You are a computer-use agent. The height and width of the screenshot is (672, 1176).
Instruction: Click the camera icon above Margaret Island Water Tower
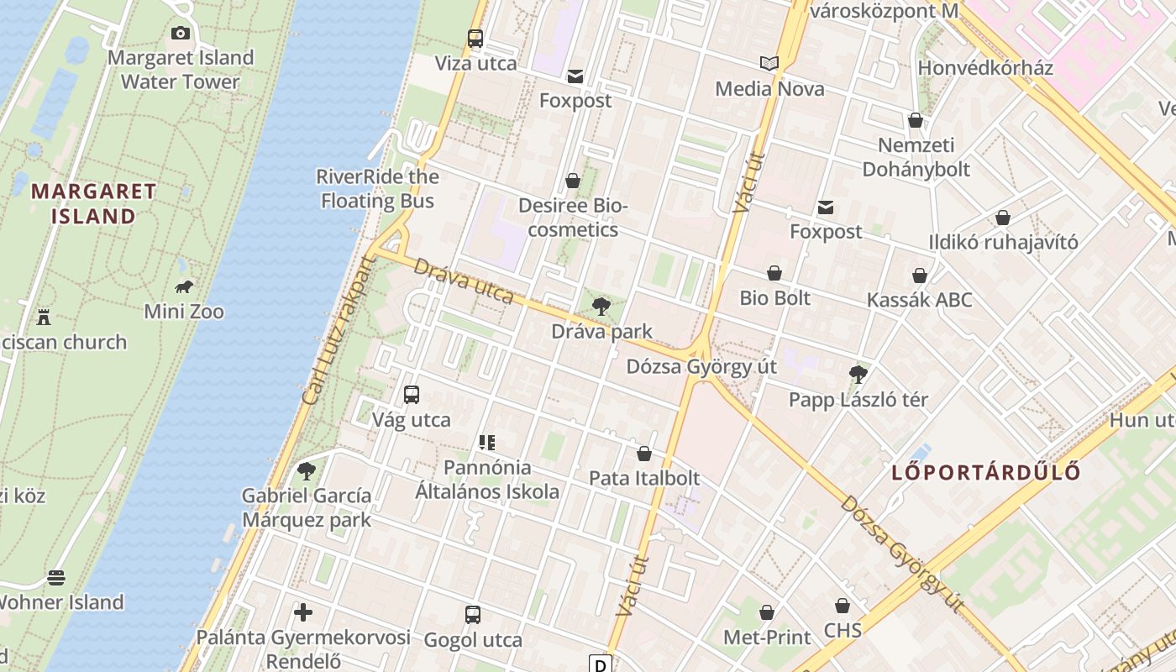click(180, 34)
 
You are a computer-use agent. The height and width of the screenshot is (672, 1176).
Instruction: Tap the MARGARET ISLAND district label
click(93, 203)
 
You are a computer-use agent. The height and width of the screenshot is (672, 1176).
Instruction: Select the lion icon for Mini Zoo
click(184, 287)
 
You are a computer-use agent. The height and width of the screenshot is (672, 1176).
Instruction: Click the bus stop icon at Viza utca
click(475, 38)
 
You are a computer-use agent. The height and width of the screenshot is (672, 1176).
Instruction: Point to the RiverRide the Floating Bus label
click(377, 189)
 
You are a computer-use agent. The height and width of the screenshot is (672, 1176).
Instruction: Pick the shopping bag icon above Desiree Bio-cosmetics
click(573, 181)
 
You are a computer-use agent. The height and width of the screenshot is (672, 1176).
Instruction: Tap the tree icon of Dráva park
click(601, 307)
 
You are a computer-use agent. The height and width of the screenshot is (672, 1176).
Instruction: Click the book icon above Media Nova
click(769, 63)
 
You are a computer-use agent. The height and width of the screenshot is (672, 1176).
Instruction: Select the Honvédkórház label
click(985, 68)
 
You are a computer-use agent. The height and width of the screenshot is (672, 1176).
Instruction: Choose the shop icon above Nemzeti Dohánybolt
click(916, 120)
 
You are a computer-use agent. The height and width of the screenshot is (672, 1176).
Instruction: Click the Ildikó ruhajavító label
click(1003, 243)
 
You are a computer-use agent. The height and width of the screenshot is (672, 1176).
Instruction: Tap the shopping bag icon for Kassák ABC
click(920, 276)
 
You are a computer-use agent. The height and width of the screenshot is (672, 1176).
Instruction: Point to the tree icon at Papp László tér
click(858, 374)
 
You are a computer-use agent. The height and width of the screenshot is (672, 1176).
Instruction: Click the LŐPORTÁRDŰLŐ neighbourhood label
click(986, 472)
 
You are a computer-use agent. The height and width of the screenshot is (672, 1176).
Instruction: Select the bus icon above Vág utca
click(412, 394)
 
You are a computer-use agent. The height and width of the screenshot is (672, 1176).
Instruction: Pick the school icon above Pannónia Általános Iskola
click(487, 442)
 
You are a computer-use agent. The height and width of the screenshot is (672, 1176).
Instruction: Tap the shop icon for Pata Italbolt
click(644, 454)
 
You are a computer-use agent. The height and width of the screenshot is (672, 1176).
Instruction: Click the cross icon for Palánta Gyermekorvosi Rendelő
click(303, 612)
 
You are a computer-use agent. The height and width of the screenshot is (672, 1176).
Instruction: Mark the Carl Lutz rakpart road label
click(338, 330)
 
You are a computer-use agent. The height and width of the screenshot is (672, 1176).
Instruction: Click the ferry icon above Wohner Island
click(56, 577)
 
